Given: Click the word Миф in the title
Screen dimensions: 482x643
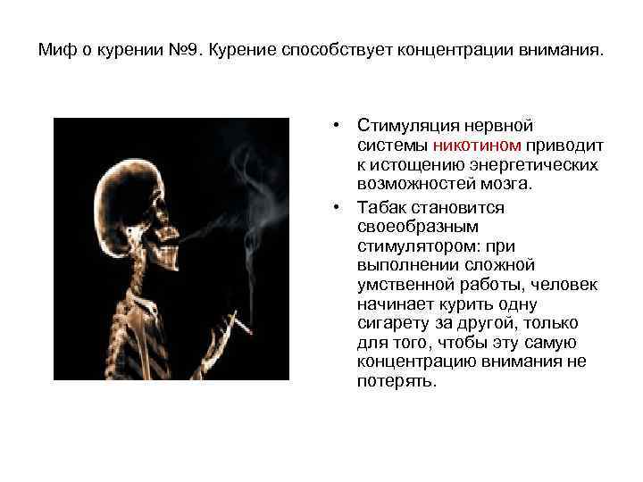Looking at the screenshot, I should tap(54, 50).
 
